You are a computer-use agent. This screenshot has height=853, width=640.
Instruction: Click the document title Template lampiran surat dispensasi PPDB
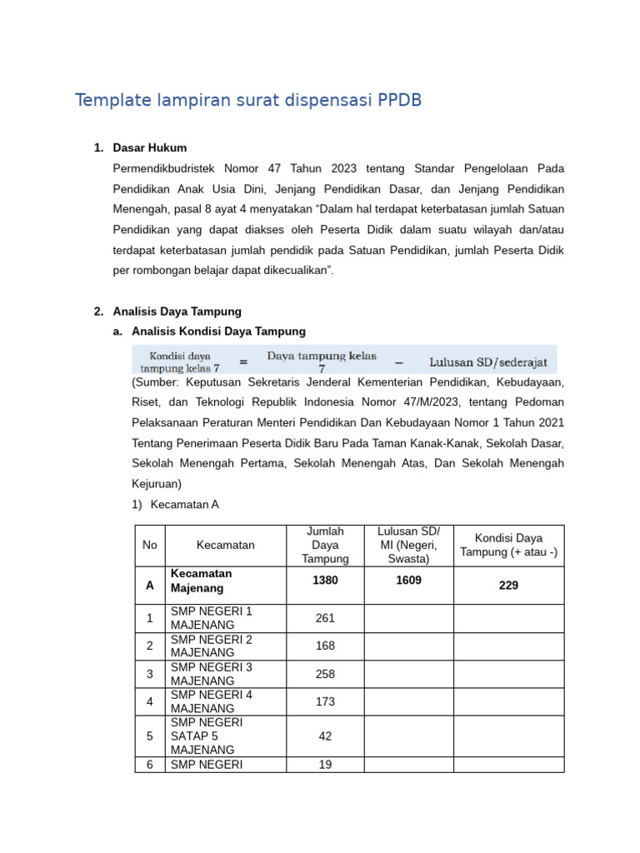[248, 101]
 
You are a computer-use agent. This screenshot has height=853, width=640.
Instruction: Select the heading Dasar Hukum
[151, 148]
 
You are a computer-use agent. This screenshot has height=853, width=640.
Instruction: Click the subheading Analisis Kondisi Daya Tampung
[218, 332]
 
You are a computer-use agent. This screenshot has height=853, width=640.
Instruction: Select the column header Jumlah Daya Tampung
[325, 545]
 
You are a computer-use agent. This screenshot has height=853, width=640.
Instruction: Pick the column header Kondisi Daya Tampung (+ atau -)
[508, 545]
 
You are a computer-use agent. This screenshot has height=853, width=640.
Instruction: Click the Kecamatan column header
[225, 545]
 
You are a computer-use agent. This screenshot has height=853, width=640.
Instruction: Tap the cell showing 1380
[325, 581]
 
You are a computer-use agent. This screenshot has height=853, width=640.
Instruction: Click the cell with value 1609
[408, 581]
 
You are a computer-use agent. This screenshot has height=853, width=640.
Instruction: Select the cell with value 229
[508, 586]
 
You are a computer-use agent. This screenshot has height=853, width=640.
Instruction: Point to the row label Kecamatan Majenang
[201, 581]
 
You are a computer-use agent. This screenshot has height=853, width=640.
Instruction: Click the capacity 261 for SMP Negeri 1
[325, 618]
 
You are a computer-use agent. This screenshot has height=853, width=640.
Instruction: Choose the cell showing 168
[325, 646]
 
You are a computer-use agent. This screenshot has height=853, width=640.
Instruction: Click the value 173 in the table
[325, 702]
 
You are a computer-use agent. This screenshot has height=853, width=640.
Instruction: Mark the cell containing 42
[325, 736]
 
